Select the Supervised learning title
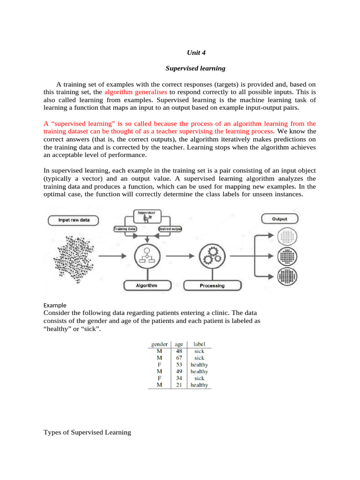(195, 68)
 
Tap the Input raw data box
(74, 219)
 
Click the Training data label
(125, 229)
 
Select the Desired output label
(170, 229)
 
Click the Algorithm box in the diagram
(146, 285)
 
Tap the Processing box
(212, 285)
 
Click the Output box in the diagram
(280, 219)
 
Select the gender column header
(159, 344)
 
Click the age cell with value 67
(179, 358)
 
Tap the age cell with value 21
(179, 385)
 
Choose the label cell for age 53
(199, 365)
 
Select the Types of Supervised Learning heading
(87, 432)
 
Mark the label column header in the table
(199, 344)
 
